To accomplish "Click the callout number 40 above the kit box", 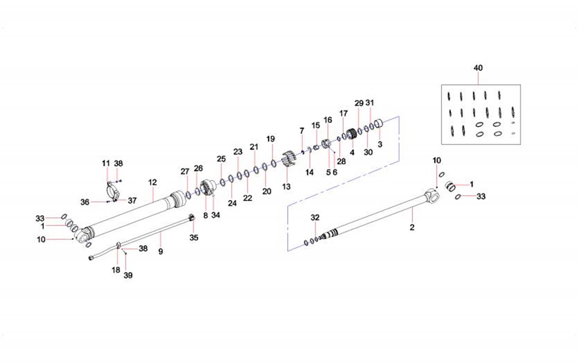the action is [478, 68].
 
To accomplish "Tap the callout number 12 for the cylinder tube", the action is [153, 182].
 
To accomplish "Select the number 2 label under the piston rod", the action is [412, 227].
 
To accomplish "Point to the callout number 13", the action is [286, 187].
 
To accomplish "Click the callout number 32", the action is [314, 218].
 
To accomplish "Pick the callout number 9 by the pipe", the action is [160, 252].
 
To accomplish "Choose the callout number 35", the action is [194, 238].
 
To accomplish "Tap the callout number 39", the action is [128, 275].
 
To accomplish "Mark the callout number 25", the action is [221, 159].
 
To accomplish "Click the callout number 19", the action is [271, 139].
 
